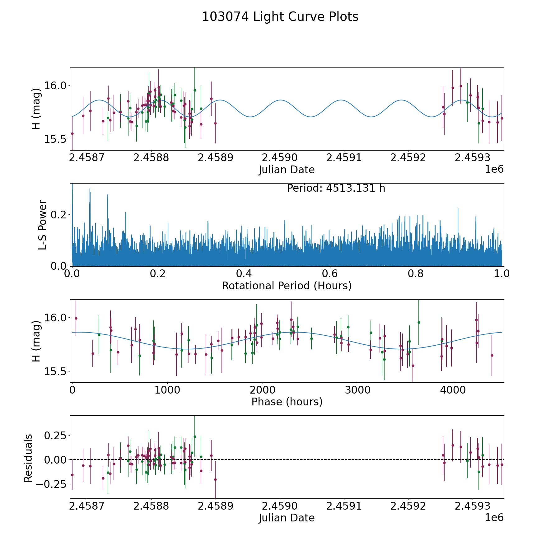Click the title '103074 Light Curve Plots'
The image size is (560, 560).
(280, 17)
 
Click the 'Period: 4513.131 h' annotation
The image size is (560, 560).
(336, 188)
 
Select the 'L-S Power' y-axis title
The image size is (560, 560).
(43, 225)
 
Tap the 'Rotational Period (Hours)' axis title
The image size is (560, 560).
(287, 286)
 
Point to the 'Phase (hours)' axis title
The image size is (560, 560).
(287, 402)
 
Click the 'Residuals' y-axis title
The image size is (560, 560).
(28, 458)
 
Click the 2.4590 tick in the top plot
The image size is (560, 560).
(280, 157)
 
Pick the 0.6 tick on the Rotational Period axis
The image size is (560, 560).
(330, 273)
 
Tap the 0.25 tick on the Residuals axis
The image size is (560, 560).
(55, 435)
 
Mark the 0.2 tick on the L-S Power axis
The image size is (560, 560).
(59, 215)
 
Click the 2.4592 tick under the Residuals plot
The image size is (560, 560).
(408, 506)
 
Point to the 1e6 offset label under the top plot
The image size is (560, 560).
(494, 169)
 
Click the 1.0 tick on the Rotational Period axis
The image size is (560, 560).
(502, 273)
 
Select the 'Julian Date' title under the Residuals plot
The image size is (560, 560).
(287, 518)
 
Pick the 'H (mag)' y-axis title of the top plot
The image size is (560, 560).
(36, 109)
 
